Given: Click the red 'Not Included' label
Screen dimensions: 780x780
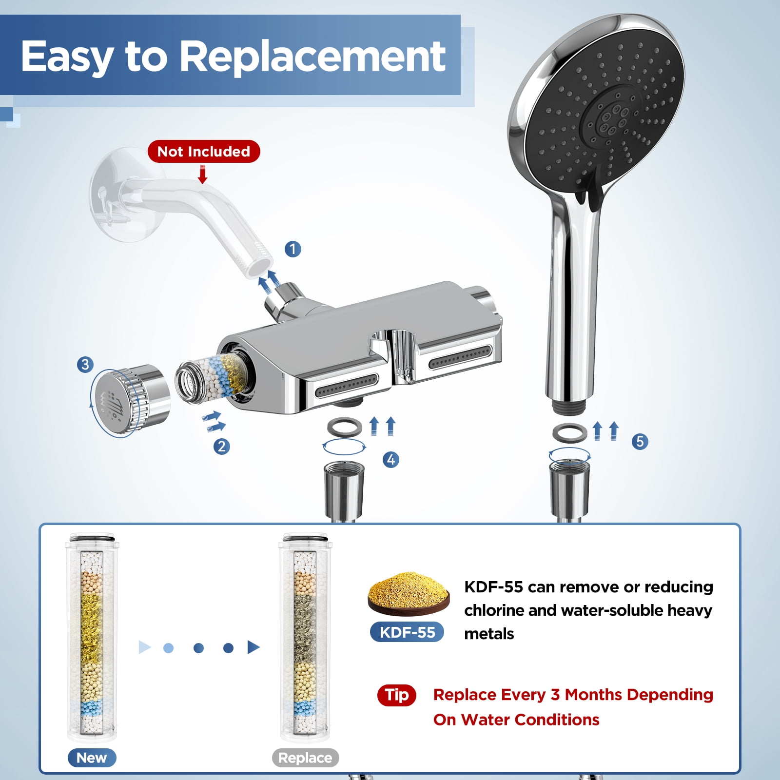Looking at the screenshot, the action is pyautogui.click(x=204, y=151).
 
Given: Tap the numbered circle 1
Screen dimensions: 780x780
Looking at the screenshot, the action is pyautogui.click(x=292, y=249).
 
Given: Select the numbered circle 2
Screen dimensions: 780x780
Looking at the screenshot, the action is pyautogui.click(x=222, y=446).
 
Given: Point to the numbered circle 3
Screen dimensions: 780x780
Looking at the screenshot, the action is pyautogui.click(x=85, y=364).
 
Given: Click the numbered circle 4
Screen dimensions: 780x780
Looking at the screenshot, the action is pyautogui.click(x=391, y=459).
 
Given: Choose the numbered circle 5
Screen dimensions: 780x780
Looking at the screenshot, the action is pyautogui.click(x=640, y=441).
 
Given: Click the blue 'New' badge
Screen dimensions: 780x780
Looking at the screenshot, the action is pyautogui.click(x=92, y=758).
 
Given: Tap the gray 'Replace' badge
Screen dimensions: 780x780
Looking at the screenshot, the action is pyautogui.click(x=305, y=758).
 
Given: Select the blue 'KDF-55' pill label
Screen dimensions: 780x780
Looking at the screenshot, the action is pyautogui.click(x=407, y=632).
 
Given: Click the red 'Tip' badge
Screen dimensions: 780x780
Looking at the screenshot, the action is pyautogui.click(x=397, y=695).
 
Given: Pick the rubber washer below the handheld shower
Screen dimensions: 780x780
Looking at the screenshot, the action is pyautogui.click(x=569, y=432).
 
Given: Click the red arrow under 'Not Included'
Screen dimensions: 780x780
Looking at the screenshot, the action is pyautogui.click(x=203, y=174).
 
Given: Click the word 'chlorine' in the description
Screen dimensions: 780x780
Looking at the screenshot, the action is pyautogui.click(x=491, y=610).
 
